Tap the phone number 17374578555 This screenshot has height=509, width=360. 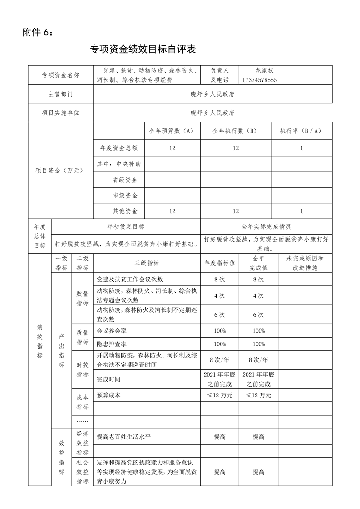260,80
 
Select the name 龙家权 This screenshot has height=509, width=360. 264,71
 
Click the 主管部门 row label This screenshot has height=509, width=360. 60,94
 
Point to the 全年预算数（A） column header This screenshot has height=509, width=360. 172,131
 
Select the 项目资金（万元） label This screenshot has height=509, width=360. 60,171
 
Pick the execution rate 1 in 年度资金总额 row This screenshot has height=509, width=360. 301,148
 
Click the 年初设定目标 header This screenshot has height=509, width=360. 125,226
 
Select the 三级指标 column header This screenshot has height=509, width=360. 146,263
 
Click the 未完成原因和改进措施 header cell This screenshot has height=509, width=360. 305,263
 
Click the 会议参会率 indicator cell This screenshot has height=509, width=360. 112,331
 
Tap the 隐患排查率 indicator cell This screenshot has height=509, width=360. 112,343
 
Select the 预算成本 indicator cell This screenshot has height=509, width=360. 109,395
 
